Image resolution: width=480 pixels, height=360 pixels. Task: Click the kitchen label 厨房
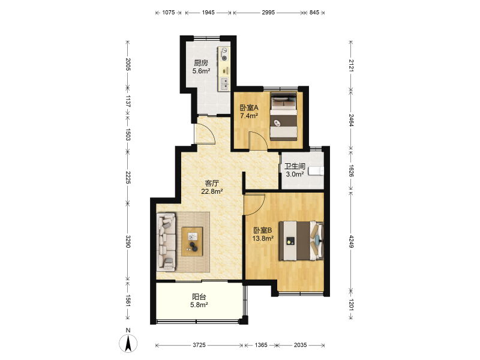click(x=201, y=63)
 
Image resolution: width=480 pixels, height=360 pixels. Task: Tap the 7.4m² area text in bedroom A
click(x=249, y=116)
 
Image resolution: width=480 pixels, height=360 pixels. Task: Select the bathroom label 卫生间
click(x=295, y=166)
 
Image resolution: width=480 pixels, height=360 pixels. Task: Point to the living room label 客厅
click(x=212, y=184)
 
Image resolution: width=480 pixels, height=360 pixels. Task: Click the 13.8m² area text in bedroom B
click(x=263, y=238)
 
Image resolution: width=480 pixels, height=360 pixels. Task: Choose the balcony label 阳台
click(x=199, y=296)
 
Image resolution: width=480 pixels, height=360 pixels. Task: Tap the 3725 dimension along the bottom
click(x=199, y=346)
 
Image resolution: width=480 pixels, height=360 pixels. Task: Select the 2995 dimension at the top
click(x=268, y=13)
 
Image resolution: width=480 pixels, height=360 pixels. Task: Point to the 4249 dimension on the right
click(x=351, y=242)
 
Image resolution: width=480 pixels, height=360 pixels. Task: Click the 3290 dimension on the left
click(x=128, y=242)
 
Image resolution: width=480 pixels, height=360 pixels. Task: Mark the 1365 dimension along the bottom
click(x=261, y=346)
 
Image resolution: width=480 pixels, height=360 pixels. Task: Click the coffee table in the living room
click(x=192, y=241)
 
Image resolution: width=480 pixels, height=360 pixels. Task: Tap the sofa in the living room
click(x=166, y=242)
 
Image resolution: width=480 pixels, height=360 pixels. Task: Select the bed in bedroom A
click(x=284, y=116)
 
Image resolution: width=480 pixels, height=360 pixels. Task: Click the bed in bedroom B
click(x=301, y=241)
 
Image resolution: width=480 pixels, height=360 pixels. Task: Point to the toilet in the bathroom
click(x=316, y=171)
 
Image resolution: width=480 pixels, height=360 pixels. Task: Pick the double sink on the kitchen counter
click(x=224, y=83)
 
